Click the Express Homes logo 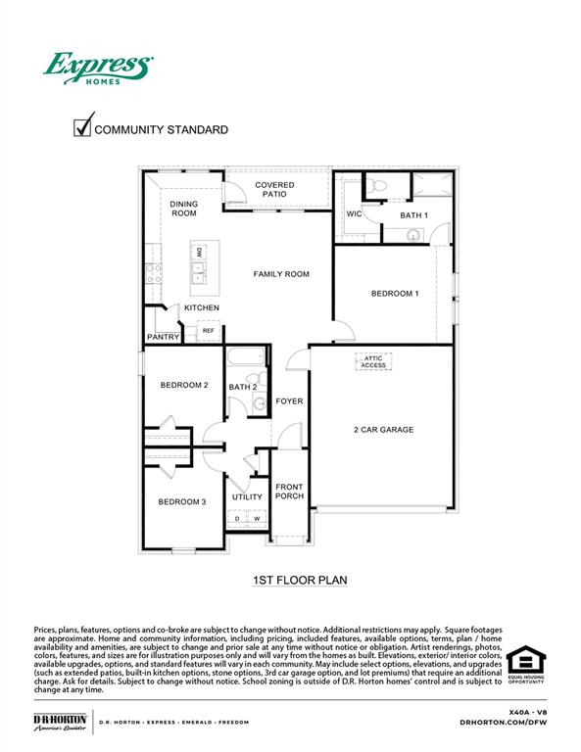97,68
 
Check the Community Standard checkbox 82,127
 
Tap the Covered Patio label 274,190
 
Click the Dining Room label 184,209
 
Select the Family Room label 281,274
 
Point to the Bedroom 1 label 395,294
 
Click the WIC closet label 355,214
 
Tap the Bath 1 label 413,214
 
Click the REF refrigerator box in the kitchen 208,331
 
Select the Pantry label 163,337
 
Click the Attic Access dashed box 374,362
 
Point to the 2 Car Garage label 383,430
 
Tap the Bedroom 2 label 184,385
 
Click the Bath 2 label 243,388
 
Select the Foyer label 289,401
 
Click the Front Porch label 289,492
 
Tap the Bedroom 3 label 182,502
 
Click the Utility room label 247,497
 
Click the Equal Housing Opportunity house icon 526,661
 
